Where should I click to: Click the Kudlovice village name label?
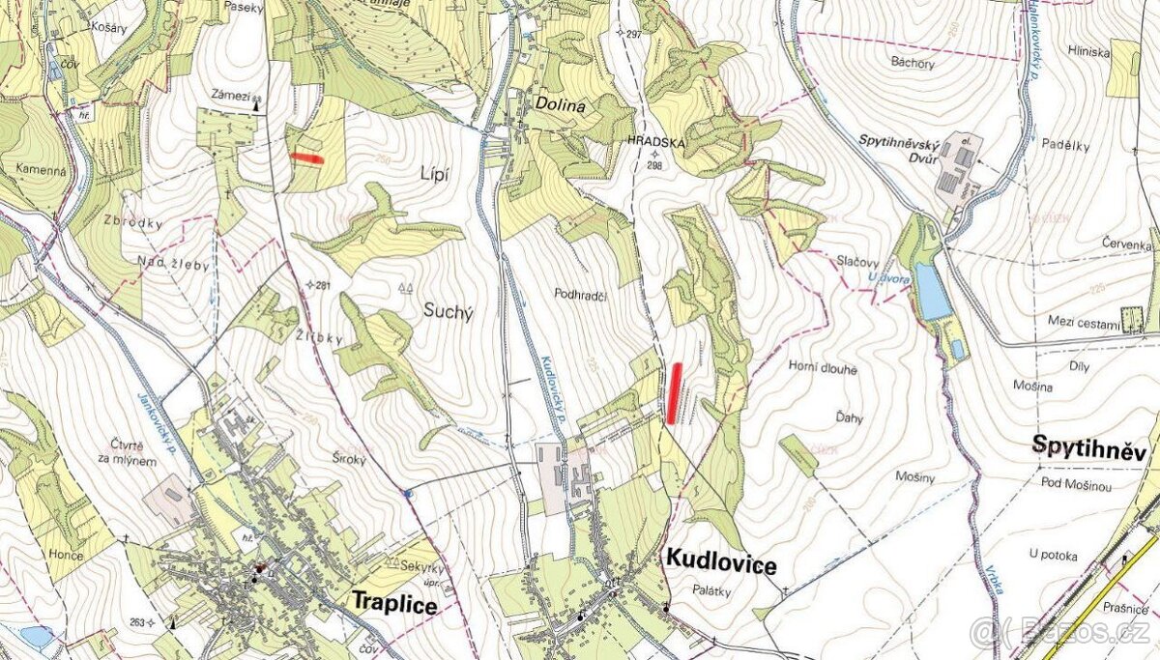(x=720, y=562)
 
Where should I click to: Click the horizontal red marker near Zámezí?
(x=307, y=158)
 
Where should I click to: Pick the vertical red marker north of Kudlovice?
(x=674, y=393)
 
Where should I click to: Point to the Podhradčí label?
(x=581, y=293)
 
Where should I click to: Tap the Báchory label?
(x=913, y=64)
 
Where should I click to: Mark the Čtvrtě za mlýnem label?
(x=127, y=452)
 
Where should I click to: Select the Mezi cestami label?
(x=1082, y=320)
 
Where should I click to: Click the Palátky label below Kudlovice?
(x=711, y=590)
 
